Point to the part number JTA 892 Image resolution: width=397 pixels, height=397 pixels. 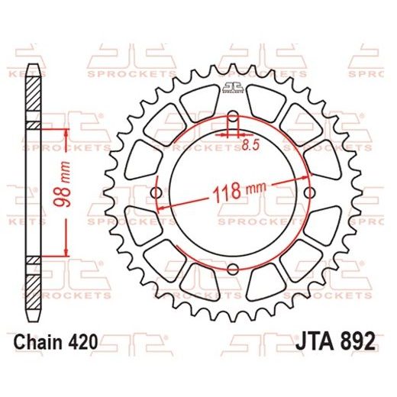pyautogui.click(x=334, y=344)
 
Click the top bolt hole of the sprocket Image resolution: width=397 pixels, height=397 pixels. pyautogui.click(x=232, y=116)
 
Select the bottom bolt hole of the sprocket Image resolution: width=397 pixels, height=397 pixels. pyautogui.click(x=232, y=267)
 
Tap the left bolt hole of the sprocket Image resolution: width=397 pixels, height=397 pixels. pyautogui.click(x=157, y=192)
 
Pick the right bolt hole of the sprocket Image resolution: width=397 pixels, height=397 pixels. pyautogui.click(x=308, y=192)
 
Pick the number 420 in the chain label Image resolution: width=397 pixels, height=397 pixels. pyautogui.click(x=82, y=344)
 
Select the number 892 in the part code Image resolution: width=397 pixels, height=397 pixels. pyautogui.click(x=355, y=344)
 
